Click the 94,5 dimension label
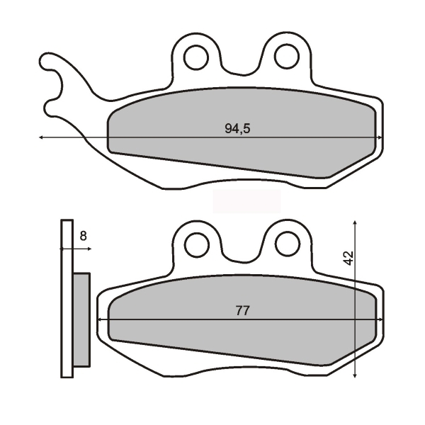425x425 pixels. [237, 128]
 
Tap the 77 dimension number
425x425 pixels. [242, 311]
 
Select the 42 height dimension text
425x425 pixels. [348, 258]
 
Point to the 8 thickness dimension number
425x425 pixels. [83, 236]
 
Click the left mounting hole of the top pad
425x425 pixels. [196, 57]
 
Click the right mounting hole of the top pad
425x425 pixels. [286, 57]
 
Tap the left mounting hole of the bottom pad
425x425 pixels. [196, 244]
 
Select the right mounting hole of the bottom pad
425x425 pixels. [288, 243]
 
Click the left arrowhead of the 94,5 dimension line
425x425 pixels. [41, 137]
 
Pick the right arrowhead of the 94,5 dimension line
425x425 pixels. [380, 137]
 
